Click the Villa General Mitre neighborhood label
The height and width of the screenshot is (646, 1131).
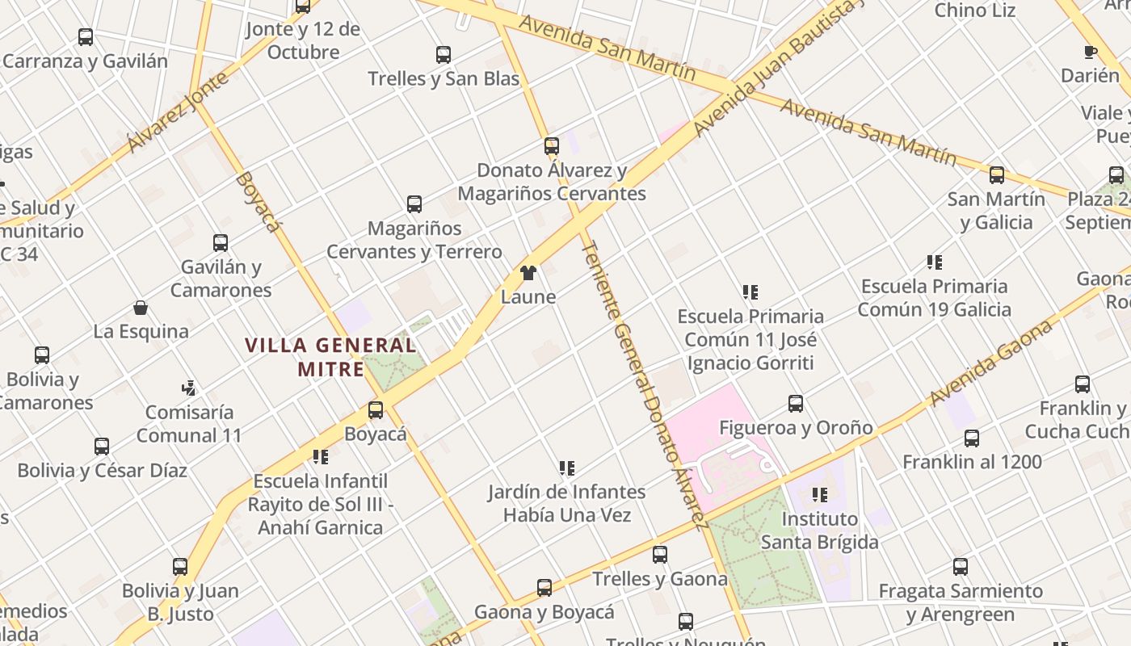pyautogui.click(x=330, y=357)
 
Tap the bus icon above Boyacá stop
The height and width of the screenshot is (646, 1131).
pyautogui.click(x=376, y=410)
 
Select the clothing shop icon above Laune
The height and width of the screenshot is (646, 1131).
pyautogui.click(x=528, y=273)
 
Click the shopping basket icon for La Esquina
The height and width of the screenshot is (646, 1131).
pyautogui.click(x=141, y=308)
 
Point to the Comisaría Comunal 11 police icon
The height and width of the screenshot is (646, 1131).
pyautogui.click(x=189, y=388)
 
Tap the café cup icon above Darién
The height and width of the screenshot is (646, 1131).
pyautogui.click(x=1090, y=52)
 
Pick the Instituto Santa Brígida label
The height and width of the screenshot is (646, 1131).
pyautogui.click(x=819, y=530)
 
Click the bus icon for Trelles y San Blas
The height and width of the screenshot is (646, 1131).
pyautogui.click(x=444, y=55)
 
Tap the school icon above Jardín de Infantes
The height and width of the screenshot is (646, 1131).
pyautogui.click(x=567, y=468)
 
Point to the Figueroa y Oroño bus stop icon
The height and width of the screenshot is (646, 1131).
pyautogui.click(x=796, y=404)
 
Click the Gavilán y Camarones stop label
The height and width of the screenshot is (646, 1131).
pyautogui.click(x=221, y=278)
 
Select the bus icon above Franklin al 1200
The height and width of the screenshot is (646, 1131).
pyautogui.click(x=972, y=438)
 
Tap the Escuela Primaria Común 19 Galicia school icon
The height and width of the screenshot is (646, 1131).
pyautogui.click(x=935, y=262)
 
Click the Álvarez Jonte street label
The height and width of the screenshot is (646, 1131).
pyautogui.click(x=167, y=112)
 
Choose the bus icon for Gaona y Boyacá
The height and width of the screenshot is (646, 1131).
pyautogui.click(x=544, y=588)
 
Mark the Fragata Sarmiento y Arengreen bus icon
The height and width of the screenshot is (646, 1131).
pyautogui.click(x=961, y=567)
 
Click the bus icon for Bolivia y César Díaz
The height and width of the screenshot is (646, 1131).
pyautogui.click(x=102, y=447)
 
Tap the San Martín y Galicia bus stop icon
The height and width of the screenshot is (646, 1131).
pyautogui.click(x=997, y=175)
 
